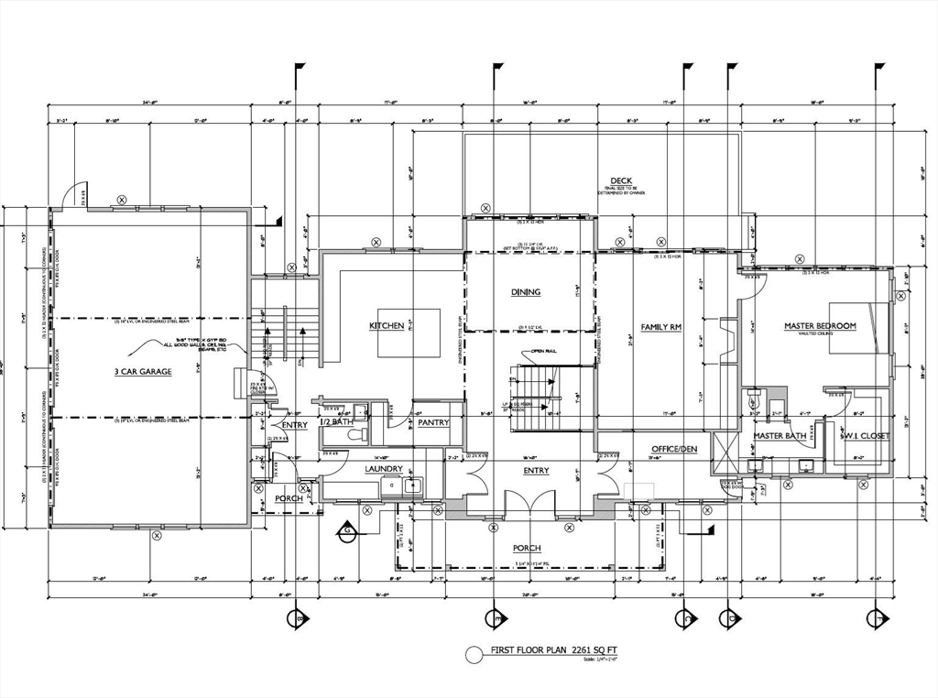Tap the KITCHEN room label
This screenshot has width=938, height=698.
click(387, 326)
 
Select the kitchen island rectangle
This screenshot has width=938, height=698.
click(409, 333)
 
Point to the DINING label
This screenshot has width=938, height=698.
click(526, 292)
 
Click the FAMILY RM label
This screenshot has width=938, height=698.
click(660, 326)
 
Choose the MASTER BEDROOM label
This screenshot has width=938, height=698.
click(820, 326)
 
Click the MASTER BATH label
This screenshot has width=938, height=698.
click(780, 436)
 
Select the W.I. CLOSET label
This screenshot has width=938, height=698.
click(866, 436)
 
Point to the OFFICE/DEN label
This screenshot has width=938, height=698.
click(675, 449)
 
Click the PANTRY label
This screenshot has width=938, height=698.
click(432, 423)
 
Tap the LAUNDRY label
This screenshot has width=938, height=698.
click(384, 469)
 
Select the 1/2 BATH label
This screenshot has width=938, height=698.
click(335, 421)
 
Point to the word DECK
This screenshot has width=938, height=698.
click(621, 180)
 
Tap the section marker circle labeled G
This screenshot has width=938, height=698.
click(347, 529)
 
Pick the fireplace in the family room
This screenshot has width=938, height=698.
click(727, 341)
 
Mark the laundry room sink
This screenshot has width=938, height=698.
click(411, 486)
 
